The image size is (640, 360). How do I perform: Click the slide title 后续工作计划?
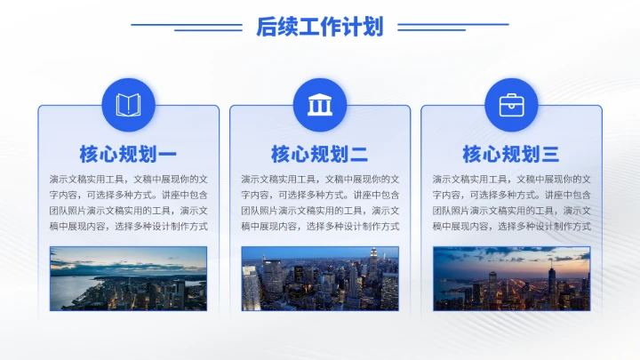tap(319, 27)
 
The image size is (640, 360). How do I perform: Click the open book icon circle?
tap(128, 105)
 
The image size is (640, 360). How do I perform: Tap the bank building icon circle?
tap(319, 105)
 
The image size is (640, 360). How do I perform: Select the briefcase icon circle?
tap(511, 105)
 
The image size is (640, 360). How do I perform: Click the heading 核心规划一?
tap(128, 155)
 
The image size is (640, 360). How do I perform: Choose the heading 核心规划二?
tap(319, 155)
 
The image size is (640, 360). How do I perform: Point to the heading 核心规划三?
tap(511, 155)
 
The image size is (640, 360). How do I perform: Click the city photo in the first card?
tap(128, 278)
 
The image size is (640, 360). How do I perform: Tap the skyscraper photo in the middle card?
tap(319, 278)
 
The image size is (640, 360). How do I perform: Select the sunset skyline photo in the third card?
tap(511, 278)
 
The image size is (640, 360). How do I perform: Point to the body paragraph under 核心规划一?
tap(128, 203)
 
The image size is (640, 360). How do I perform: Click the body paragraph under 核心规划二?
tap(319, 203)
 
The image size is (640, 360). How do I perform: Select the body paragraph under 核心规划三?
tap(511, 203)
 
